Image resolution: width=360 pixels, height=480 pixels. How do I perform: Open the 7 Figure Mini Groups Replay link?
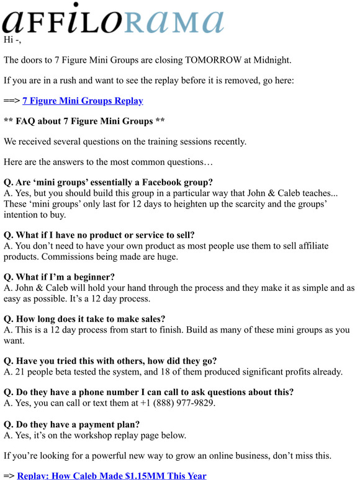[x=83, y=100]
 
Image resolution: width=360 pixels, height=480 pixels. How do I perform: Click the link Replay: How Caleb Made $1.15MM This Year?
[x=112, y=475]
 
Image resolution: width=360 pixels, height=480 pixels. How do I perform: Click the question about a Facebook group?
[x=108, y=182]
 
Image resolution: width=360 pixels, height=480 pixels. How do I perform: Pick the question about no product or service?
[x=99, y=235]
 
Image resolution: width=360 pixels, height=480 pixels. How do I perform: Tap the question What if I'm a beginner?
[x=59, y=277]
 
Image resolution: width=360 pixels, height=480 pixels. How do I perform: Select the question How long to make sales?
[x=88, y=319]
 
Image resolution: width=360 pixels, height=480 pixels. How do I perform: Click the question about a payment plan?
[x=71, y=424]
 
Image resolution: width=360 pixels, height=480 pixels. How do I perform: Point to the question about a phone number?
[x=148, y=392]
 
